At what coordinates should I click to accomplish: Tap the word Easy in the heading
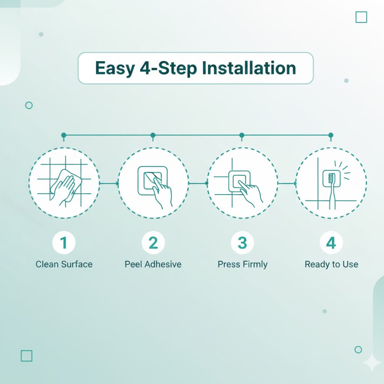tap(115, 68)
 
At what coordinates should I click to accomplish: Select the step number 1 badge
tap(64, 242)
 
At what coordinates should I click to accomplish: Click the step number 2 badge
tap(153, 242)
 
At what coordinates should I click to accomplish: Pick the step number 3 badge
tap(242, 242)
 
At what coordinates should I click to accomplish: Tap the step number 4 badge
tap(331, 242)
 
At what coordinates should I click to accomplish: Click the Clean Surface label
tap(64, 264)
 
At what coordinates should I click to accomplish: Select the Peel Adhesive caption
tap(153, 264)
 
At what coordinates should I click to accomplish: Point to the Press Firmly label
tap(243, 265)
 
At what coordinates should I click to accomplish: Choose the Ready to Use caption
tap(331, 265)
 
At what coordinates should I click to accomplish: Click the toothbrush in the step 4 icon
tap(332, 191)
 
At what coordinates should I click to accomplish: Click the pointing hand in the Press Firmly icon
tap(250, 193)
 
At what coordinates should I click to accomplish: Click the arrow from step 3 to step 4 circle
tap(287, 183)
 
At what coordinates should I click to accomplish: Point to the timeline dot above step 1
tap(64, 135)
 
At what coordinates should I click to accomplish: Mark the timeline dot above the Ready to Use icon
tap(331, 135)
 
